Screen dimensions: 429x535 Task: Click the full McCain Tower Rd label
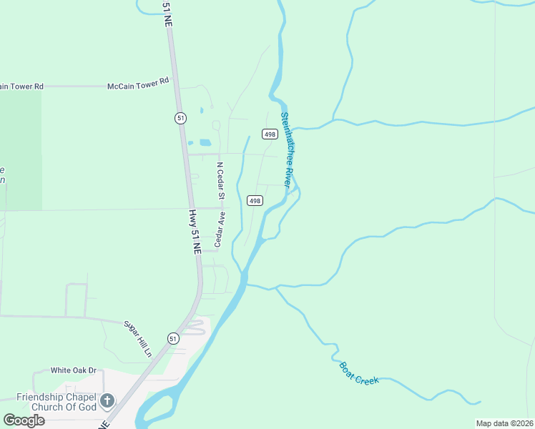[138, 83]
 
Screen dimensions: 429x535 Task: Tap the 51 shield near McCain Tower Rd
[180, 118]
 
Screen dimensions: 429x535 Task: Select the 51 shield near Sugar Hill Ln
[173, 338]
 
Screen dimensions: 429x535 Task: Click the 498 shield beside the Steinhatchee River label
[270, 134]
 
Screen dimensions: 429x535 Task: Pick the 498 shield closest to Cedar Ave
[255, 201]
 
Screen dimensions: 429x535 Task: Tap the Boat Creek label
[358, 373]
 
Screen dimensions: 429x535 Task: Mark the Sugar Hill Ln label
[139, 340]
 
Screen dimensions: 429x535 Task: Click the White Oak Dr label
[73, 370]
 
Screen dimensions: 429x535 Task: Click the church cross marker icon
[107, 400]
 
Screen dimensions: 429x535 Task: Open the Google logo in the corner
[24, 420]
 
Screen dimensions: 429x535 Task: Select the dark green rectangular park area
[20, 150]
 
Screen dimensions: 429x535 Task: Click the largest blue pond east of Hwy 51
[205, 142]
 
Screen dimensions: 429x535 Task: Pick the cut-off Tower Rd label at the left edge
[21, 87]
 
